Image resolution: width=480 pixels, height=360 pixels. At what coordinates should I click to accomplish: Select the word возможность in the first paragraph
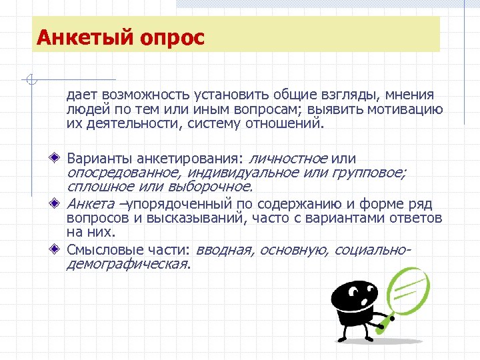[141, 95]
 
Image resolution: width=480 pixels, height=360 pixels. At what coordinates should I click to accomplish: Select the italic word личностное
[287, 159]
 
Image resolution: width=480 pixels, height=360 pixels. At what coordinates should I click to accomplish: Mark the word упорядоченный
[182, 204]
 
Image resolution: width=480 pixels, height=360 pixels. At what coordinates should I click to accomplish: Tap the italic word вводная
[225, 249]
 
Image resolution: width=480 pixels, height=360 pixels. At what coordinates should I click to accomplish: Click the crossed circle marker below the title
[30, 80]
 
